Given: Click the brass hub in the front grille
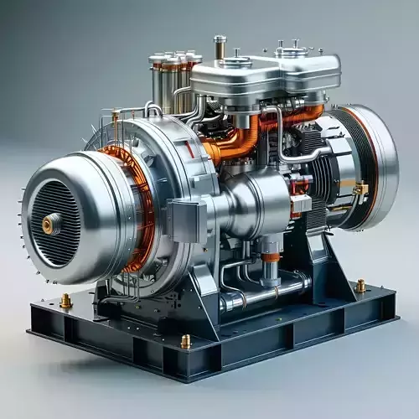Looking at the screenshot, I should pos(51,223).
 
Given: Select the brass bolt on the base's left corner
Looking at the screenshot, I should pos(65,301).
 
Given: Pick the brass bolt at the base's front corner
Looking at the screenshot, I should pos(186,341).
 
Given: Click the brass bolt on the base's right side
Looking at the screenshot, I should pos(360,287).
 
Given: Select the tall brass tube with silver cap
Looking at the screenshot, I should pos(220,49).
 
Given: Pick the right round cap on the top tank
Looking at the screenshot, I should pos(291,51).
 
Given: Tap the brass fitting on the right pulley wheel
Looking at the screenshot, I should pos(360,189).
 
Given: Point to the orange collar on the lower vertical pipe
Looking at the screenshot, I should pos(270,257).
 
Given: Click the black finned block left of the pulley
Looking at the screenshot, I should pos(323,168).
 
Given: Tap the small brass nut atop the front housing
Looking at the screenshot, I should pos(116,117).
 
